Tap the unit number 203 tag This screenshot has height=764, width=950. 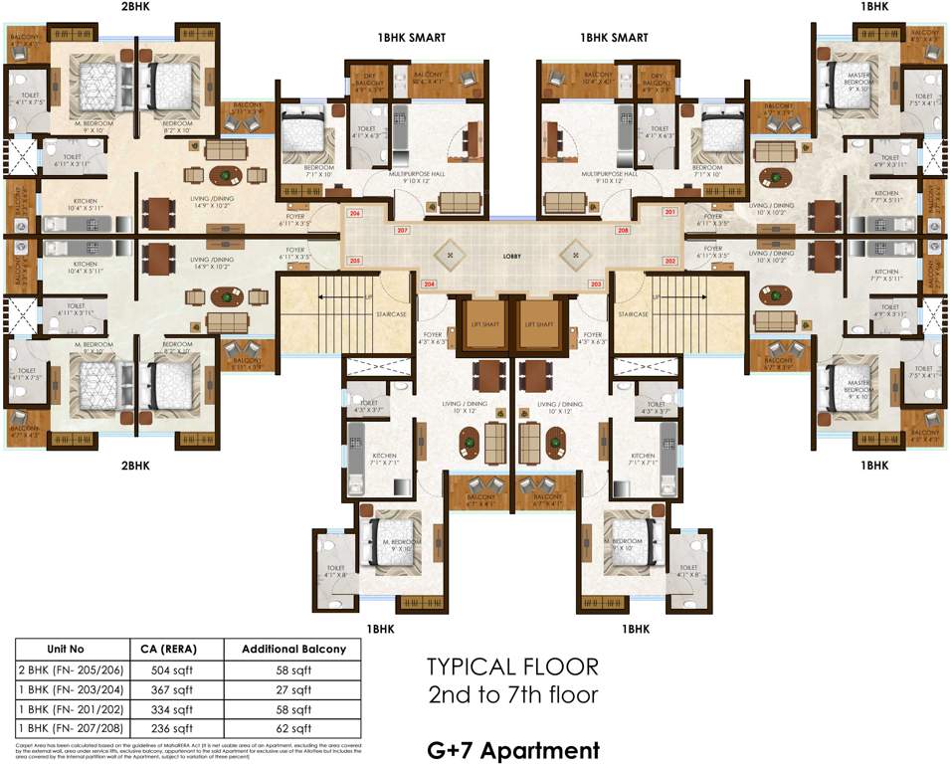click(596, 285)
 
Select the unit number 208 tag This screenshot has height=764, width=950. click(623, 231)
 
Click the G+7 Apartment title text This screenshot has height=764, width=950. click(512, 749)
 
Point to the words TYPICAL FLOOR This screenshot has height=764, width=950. click(512, 667)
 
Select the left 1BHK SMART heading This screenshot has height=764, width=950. click(410, 38)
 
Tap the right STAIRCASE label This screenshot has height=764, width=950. click(633, 314)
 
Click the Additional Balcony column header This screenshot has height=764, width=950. click(294, 649)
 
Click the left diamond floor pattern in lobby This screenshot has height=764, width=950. click(451, 255)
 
